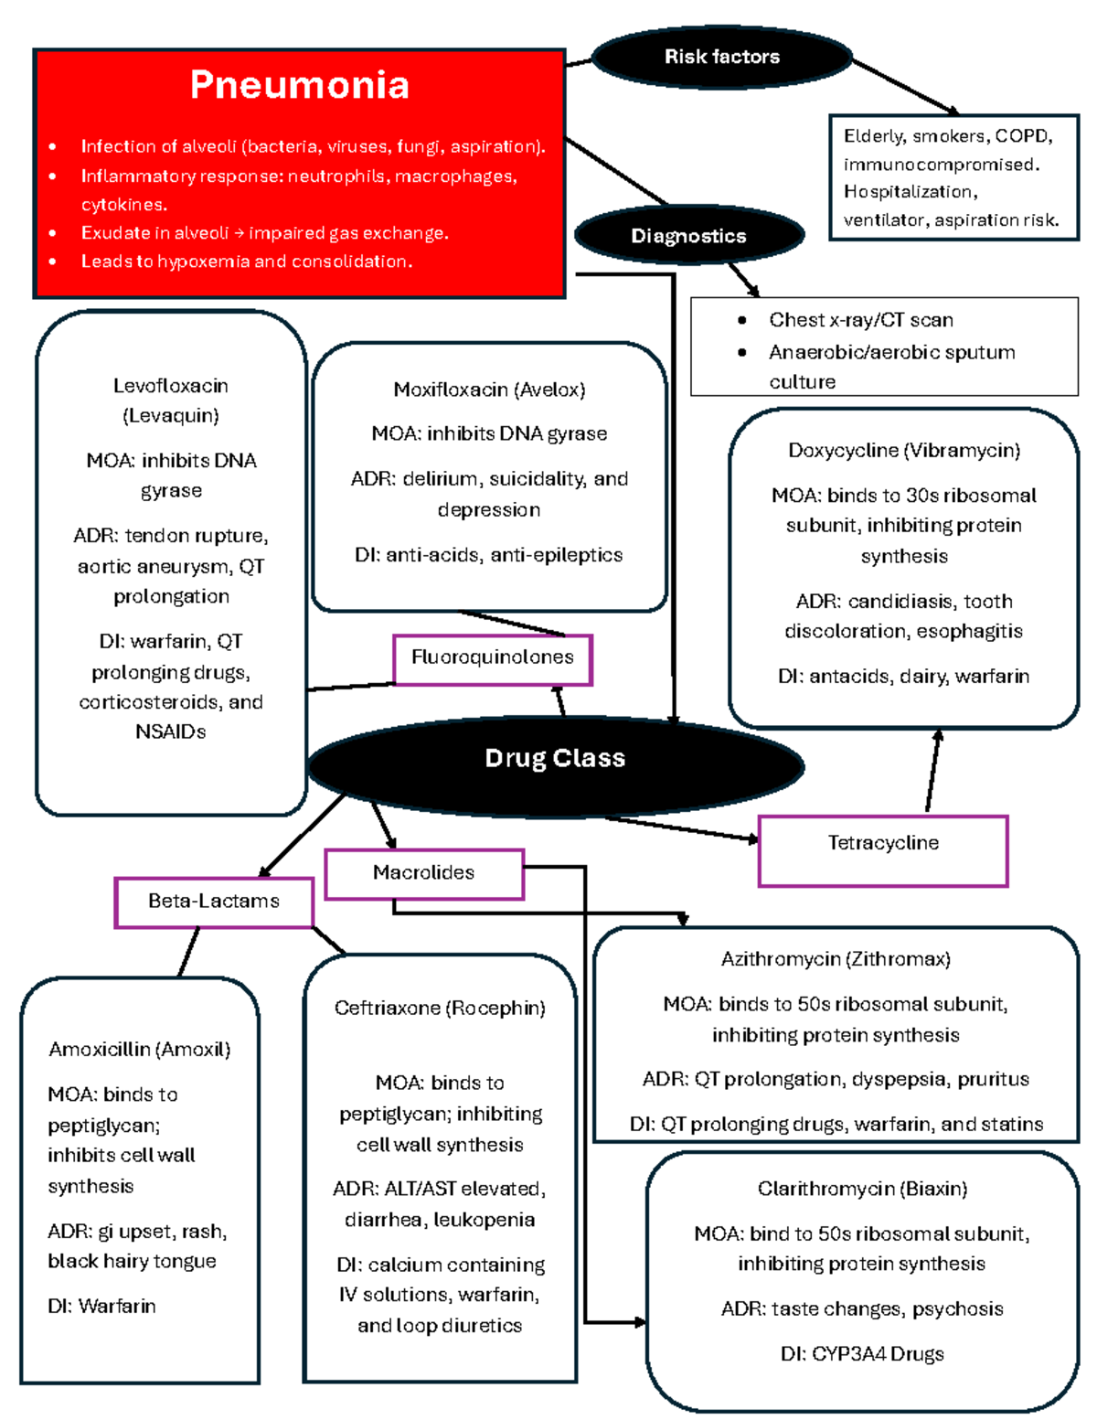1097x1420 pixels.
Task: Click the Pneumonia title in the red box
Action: pos(299,85)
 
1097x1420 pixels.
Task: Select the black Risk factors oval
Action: pos(721,57)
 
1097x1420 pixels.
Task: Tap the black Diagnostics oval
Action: pos(688,236)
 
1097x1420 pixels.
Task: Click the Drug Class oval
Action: pos(555,758)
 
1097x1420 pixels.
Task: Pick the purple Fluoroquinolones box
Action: pos(492,658)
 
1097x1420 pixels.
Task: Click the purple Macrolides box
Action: pos(423,873)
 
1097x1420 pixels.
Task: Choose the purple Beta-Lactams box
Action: pos(213,902)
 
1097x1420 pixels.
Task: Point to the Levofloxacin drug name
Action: pos(171,387)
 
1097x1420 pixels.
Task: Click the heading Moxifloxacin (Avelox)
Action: pos(489,390)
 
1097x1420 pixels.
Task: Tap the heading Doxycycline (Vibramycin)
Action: pos(903,451)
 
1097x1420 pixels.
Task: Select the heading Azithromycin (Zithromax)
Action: pos(836,959)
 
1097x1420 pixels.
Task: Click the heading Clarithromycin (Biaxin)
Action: pos(862,1189)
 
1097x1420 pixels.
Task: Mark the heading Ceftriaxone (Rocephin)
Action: pos(440,1009)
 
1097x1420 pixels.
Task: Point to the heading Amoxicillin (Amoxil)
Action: pos(139,1050)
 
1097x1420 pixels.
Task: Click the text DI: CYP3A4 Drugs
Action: pos(862,1354)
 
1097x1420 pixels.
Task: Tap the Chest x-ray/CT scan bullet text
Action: pos(860,320)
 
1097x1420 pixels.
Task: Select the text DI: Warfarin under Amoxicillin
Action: pos(101,1307)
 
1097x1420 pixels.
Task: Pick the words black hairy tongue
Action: pos(132,1262)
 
